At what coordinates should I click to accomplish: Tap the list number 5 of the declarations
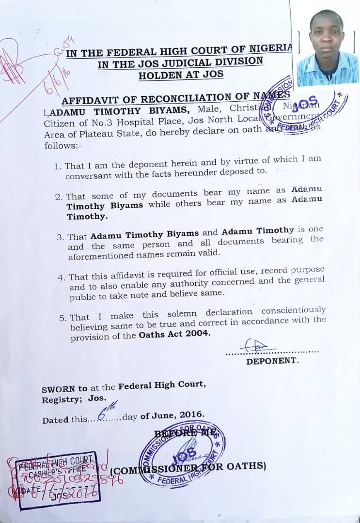(x=63, y=318)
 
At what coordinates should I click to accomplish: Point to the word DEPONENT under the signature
(x=272, y=361)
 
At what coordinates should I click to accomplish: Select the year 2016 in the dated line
(x=192, y=415)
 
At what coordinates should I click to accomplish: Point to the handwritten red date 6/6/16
(x=53, y=80)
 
